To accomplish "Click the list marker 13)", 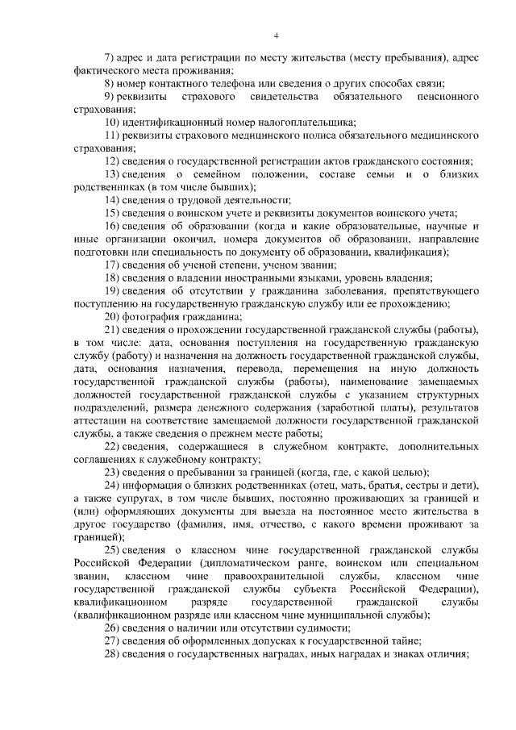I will click(x=115, y=174).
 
